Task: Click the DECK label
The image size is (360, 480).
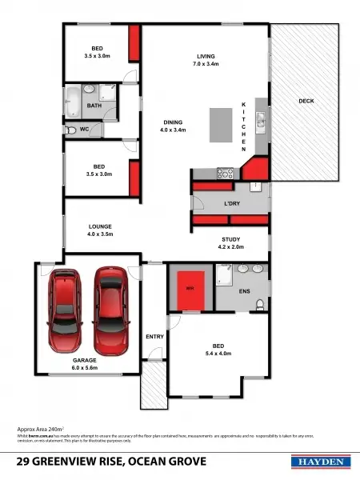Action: (x=306, y=101)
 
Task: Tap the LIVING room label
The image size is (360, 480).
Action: (x=207, y=56)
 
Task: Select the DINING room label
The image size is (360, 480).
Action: (x=172, y=122)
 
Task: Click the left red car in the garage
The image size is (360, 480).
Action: (x=65, y=313)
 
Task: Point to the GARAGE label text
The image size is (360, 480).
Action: (x=84, y=361)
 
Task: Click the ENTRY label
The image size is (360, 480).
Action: (x=155, y=337)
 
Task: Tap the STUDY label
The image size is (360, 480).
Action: (x=231, y=240)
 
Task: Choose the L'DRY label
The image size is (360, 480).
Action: (x=232, y=204)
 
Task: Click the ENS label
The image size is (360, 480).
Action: (x=245, y=293)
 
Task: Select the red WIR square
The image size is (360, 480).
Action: (x=190, y=288)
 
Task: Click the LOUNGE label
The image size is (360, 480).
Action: (x=100, y=227)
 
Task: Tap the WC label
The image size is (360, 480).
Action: (x=72, y=128)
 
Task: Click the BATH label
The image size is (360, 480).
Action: (x=94, y=106)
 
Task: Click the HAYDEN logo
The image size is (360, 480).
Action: (x=322, y=462)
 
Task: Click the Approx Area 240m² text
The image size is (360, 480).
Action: (x=41, y=430)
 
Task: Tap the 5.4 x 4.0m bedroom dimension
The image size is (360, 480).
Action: (x=218, y=353)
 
